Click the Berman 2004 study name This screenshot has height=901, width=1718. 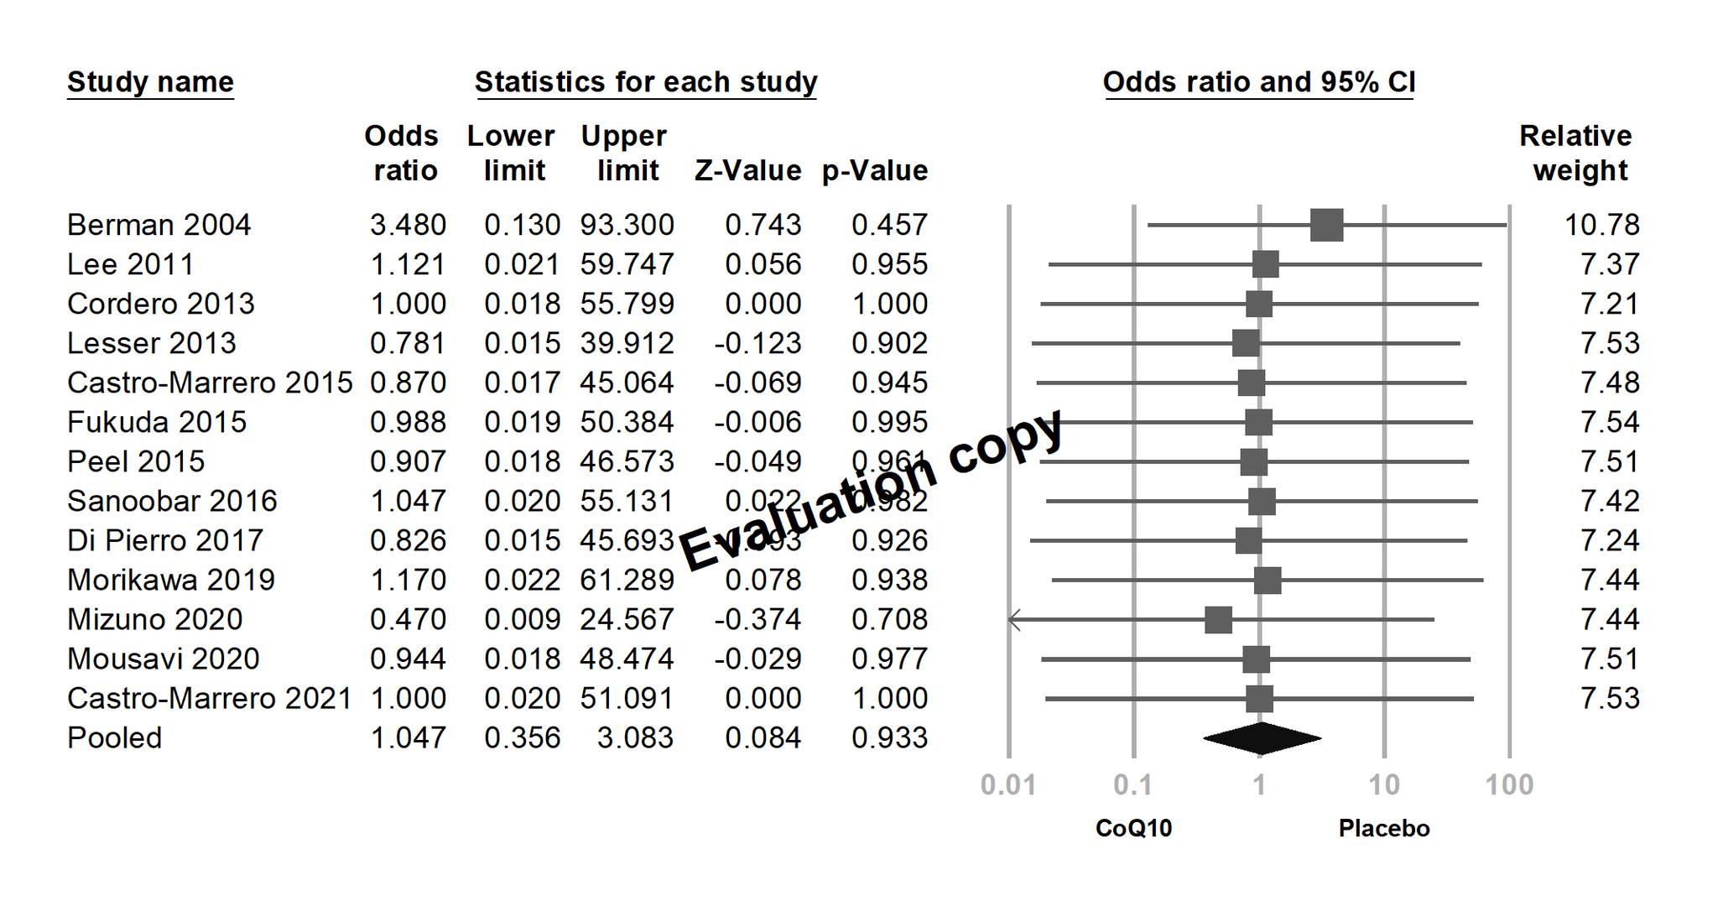[x=159, y=225]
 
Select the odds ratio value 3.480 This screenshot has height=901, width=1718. [x=408, y=225]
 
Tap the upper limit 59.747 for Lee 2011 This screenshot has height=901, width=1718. [x=627, y=264]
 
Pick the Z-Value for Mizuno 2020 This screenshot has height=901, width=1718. [x=757, y=619]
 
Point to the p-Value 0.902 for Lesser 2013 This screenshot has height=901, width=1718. [x=889, y=343]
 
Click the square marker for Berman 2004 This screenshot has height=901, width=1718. [x=1326, y=225]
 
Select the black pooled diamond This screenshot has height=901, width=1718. [x=1262, y=738]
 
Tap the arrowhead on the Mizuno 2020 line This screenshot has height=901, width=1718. [x=1014, y=620]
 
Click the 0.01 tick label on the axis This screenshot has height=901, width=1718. [x=1008, y=785]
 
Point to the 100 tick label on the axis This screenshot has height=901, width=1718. [x=1509, y=785]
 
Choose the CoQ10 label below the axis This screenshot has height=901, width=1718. [x=1133, y=829]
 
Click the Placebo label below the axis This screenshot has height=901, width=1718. [x=1384, y=829]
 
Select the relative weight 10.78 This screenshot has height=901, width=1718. [x=1601, y=225]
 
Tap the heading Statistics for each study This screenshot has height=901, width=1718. [x=646, y=82]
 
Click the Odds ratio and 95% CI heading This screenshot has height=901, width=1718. [x=1259, y=82]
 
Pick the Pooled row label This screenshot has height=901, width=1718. [x=114, y=738]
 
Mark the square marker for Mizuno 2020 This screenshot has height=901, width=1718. [x=1218, y=620]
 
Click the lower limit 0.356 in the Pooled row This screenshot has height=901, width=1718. [x=522, y=738]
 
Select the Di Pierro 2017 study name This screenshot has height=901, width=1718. [x=165, y=540]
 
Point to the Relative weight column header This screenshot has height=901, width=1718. [x=1576, y=153]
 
